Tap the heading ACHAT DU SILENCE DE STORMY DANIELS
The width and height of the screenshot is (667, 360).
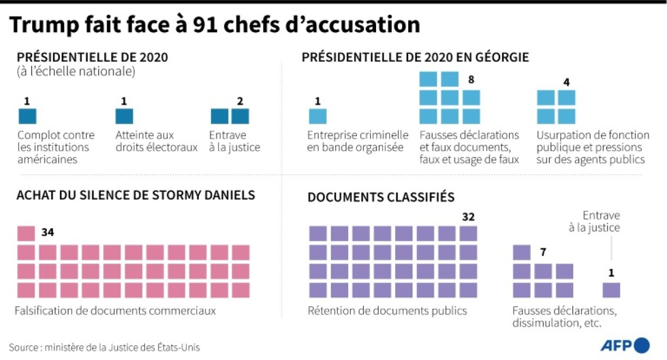pos(136,195)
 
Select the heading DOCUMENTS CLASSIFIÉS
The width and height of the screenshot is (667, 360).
pos(381,197)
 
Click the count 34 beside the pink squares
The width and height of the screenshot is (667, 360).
pos(47,233)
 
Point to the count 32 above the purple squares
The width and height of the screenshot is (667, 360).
pos(468,217)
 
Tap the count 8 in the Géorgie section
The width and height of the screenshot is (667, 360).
pos(471,80)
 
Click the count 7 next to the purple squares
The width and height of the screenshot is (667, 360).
pos(543,252)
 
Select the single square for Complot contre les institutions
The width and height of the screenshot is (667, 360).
pos(27,117)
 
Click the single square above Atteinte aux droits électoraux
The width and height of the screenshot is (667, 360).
pos(124,117)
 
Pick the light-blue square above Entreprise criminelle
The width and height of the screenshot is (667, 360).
pos(318,117)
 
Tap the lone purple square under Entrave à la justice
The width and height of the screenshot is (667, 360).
pos(611,290)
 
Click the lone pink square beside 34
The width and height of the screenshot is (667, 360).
pos(26,234)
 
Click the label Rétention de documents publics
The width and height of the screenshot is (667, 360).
pos(387,311)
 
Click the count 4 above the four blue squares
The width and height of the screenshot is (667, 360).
pos(566,82)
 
